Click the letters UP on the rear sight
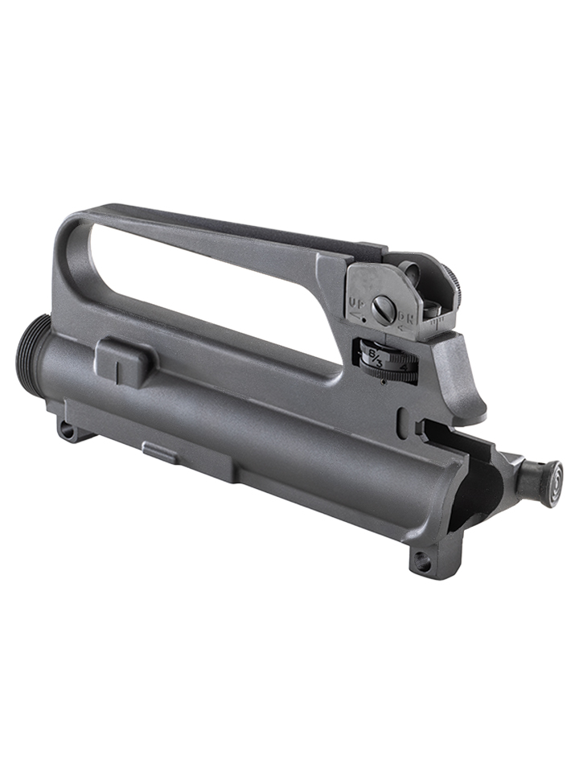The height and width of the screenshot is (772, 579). click(x=355, y=303)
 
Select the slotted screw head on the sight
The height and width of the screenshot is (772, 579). click(x=384, y=310)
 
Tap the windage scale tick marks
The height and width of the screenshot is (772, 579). click(x=434, y=322)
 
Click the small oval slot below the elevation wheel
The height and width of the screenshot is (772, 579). click(x=402, y=418)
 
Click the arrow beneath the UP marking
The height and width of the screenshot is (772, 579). click(x=355, y=315)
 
